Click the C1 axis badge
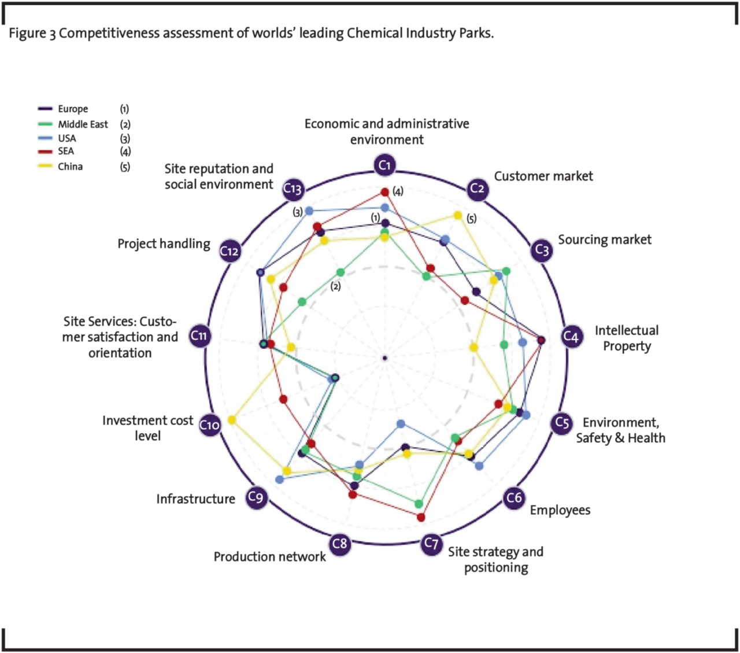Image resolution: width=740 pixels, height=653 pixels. pos(385,166)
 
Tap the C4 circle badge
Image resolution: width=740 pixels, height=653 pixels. pos(571,336)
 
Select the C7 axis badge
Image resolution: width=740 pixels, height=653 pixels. pos(431,544)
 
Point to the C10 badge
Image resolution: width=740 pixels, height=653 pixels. pos(209,425)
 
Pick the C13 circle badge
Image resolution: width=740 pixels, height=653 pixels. pos(293,189)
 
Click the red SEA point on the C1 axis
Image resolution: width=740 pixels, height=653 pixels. pos(385,192)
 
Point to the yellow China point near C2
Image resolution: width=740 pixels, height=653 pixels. pos(458,216)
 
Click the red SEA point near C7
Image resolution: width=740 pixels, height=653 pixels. pos(421,517)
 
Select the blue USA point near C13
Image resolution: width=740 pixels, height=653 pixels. pos(309,210)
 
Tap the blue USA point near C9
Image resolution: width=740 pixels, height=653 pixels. pos(280,479)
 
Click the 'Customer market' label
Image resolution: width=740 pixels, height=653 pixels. pos(543,176)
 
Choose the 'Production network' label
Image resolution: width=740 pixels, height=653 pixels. pos(269,557)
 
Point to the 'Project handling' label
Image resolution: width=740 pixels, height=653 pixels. pos(164,244)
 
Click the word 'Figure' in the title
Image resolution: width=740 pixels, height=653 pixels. pos(27,34)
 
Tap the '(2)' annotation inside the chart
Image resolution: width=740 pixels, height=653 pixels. pos(335,286)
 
